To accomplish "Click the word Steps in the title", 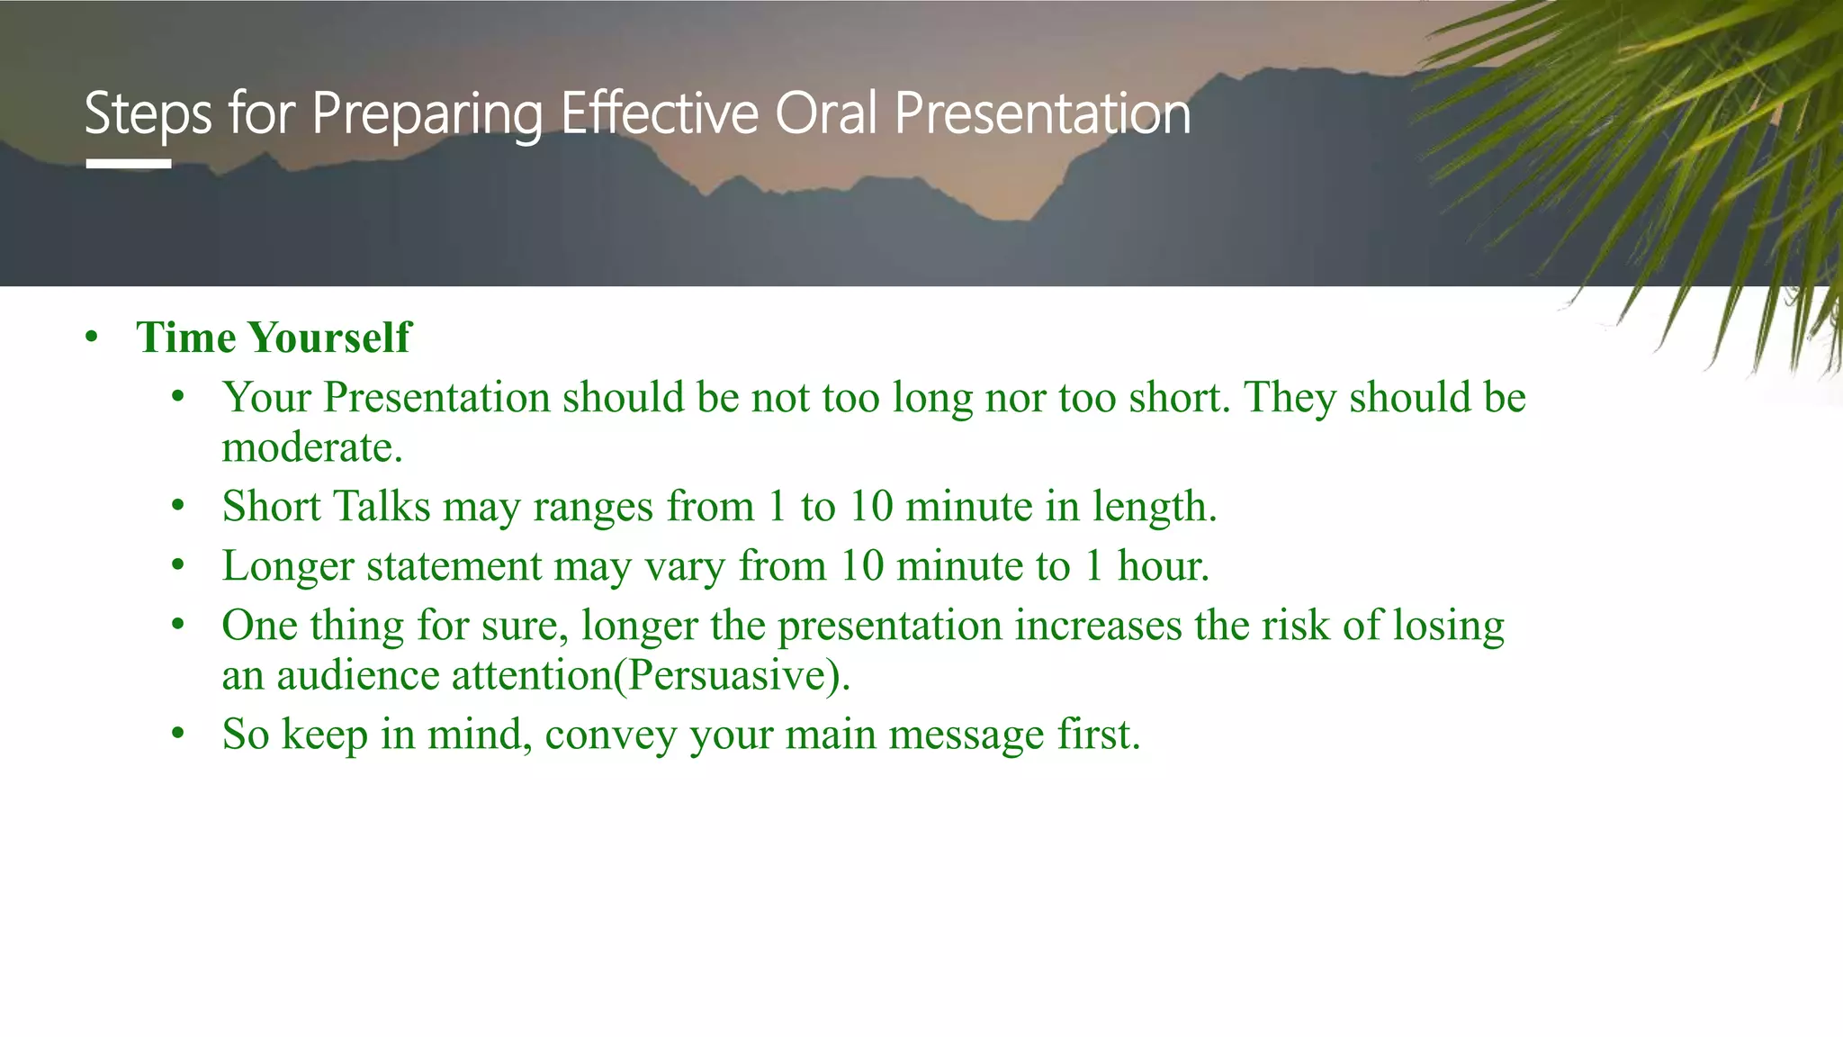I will click(x=148, y=115).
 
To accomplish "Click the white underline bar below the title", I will click(x=129, y=164).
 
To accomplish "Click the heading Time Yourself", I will click(x=273, y=338).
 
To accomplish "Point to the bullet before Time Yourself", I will click(x=91, y=338).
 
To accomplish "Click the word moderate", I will click(x=311, y=447).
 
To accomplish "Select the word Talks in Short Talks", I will click(x=382, y=506).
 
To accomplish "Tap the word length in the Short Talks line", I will click(x=1154, y=507).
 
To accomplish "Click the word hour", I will click(x=1163, y=566).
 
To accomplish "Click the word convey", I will click(x=610, y=735).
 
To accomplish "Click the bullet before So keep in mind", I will click(x=178, y=735).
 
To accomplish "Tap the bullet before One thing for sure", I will click(x=178, y=625).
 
